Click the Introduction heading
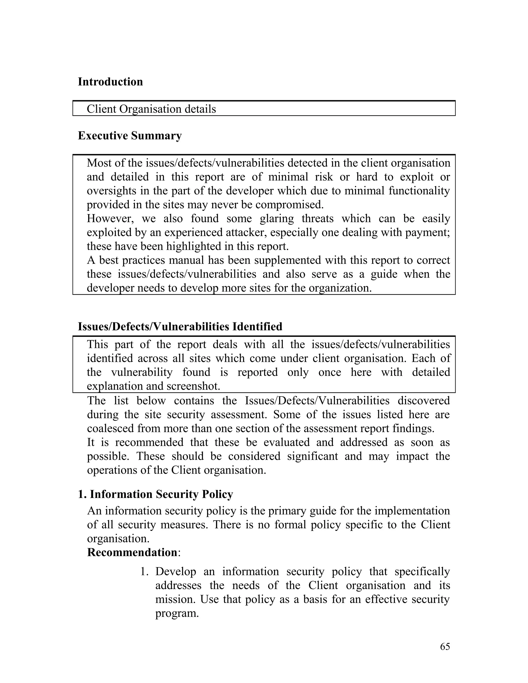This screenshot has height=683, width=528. (x=110, y=82)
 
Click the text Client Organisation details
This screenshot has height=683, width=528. (x=151, y=109)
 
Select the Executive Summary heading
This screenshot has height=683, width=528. (x=129, y=136)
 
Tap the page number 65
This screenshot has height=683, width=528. (x=445, y=646)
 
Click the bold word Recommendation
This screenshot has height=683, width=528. (x=132, y=553)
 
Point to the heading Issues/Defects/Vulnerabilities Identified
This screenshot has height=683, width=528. (x=180, y=327)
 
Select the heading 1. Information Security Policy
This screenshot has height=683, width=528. (x=155, y=494)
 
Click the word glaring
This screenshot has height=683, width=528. (x=277, y=219)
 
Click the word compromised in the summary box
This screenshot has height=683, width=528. (x=289, y=205)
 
